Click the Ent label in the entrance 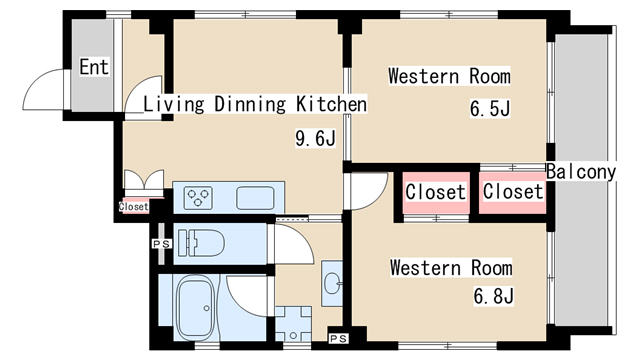pyautogui.click(x=94, y=67)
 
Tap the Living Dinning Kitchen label pyautogui.click(x=255, y=104)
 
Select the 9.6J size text pyautogui.click(x=315, y=138)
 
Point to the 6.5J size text pyautogui.click(x=490, y=109)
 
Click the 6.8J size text pyautogui.click(x=493, y=296)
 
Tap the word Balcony pyautogui.click(x=581, y=172)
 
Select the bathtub pyautogui.click(x=196, y=308)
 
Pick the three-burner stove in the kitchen pyautogui.click(x=198, y=198)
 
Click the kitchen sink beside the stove pyautogui.click(x=255, y=198)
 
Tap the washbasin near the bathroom pyautogui.click(x=332, y=283)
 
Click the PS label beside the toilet pyautogui.click(x=162, y=244)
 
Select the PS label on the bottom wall pyautogui.click(x=338, y=338)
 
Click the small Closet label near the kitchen pyautogui.click(x=133, y=207)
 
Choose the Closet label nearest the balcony pyautogui.click(x=513, y=191)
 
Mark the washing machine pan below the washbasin pyautogui.click(x=293, y=324)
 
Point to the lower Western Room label pyautogui.click(x=451, y=268)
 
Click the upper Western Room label pyautogui.click(x=449, y=76)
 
